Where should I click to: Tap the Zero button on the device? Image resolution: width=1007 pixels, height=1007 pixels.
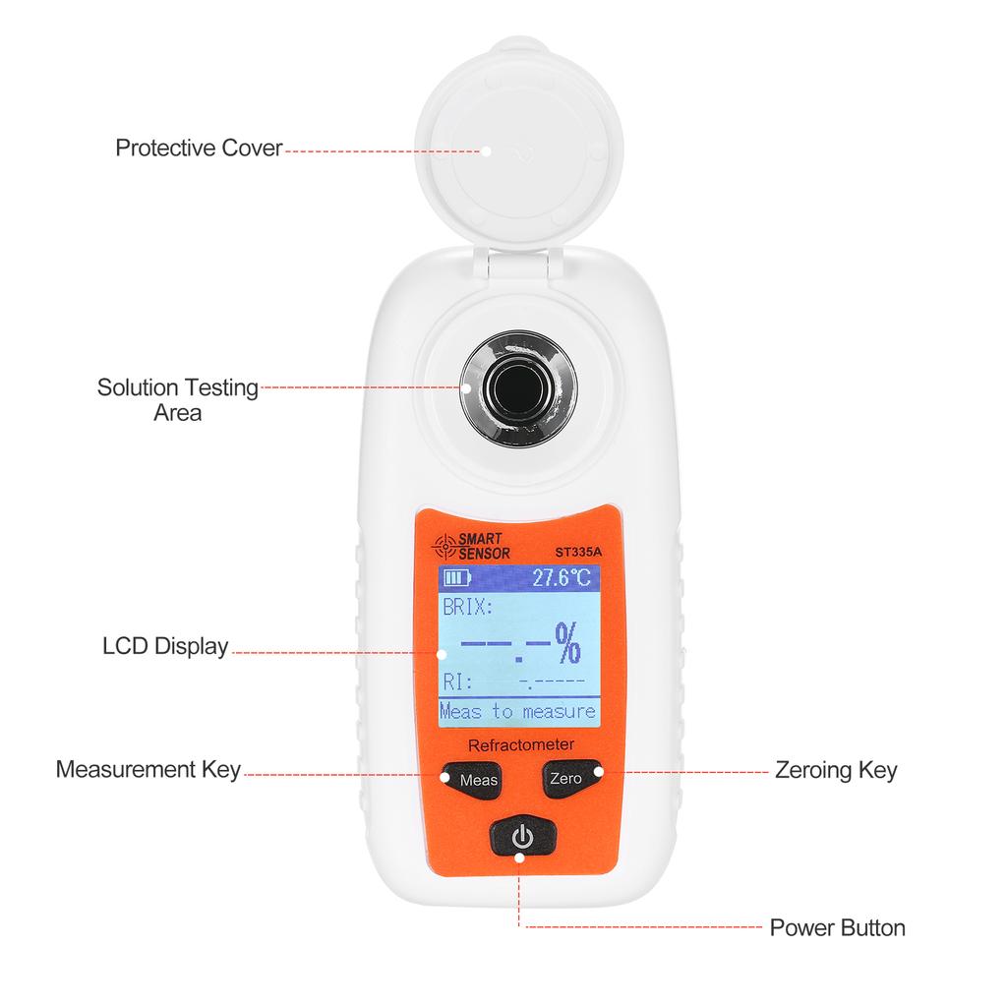pyautogui.click(x=566, y=778)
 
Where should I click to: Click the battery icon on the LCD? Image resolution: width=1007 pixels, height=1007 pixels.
pyautogui.click(x=457, y=577)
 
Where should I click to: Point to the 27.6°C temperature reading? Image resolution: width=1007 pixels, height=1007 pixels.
pyautogui.click(x=562, y=578)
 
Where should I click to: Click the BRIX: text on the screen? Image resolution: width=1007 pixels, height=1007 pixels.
pyautogui.click(x=467, y=608)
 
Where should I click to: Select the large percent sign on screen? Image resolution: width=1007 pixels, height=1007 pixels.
pyautogui.click(x=566, y=645)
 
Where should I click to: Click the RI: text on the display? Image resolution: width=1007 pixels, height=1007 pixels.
pyautogui.click(x=457, y=681)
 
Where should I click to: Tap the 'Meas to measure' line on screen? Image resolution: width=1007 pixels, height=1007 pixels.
pyautogui.click(x=517, y=711)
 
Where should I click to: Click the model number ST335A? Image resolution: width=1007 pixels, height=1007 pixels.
pyautogui.click(x=578, y=552)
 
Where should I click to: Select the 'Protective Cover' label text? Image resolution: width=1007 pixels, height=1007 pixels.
pyautogui.click(x=199, y=148)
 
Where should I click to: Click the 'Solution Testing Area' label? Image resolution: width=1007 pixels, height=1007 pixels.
pyautogui.click(x=177, y=399)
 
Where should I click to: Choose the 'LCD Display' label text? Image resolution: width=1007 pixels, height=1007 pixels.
pyautogui.click(x=165, y=647)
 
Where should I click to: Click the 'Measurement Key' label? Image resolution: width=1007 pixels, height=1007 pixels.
pyautogui.click(x=148, y=769)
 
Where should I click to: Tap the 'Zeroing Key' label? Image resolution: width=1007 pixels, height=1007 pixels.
pyautogui.click(x=836, y=770)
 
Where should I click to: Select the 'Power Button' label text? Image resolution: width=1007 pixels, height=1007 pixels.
pyautogui.click(x=837, y=927)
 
